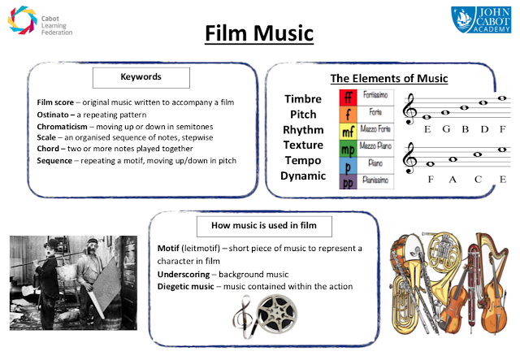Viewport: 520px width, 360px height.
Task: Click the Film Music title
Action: tap(259, 34)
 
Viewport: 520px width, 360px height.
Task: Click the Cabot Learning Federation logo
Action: tap(41, 23)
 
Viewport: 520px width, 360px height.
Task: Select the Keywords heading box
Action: tap(141, 78)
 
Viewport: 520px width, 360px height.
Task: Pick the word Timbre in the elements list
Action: tap(301, 99)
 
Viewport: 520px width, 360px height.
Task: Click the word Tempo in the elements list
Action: tap(302, 160)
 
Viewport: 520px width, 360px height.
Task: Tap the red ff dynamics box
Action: tap(349, 98)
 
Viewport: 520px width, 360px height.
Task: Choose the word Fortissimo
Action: tap(375, 97)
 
